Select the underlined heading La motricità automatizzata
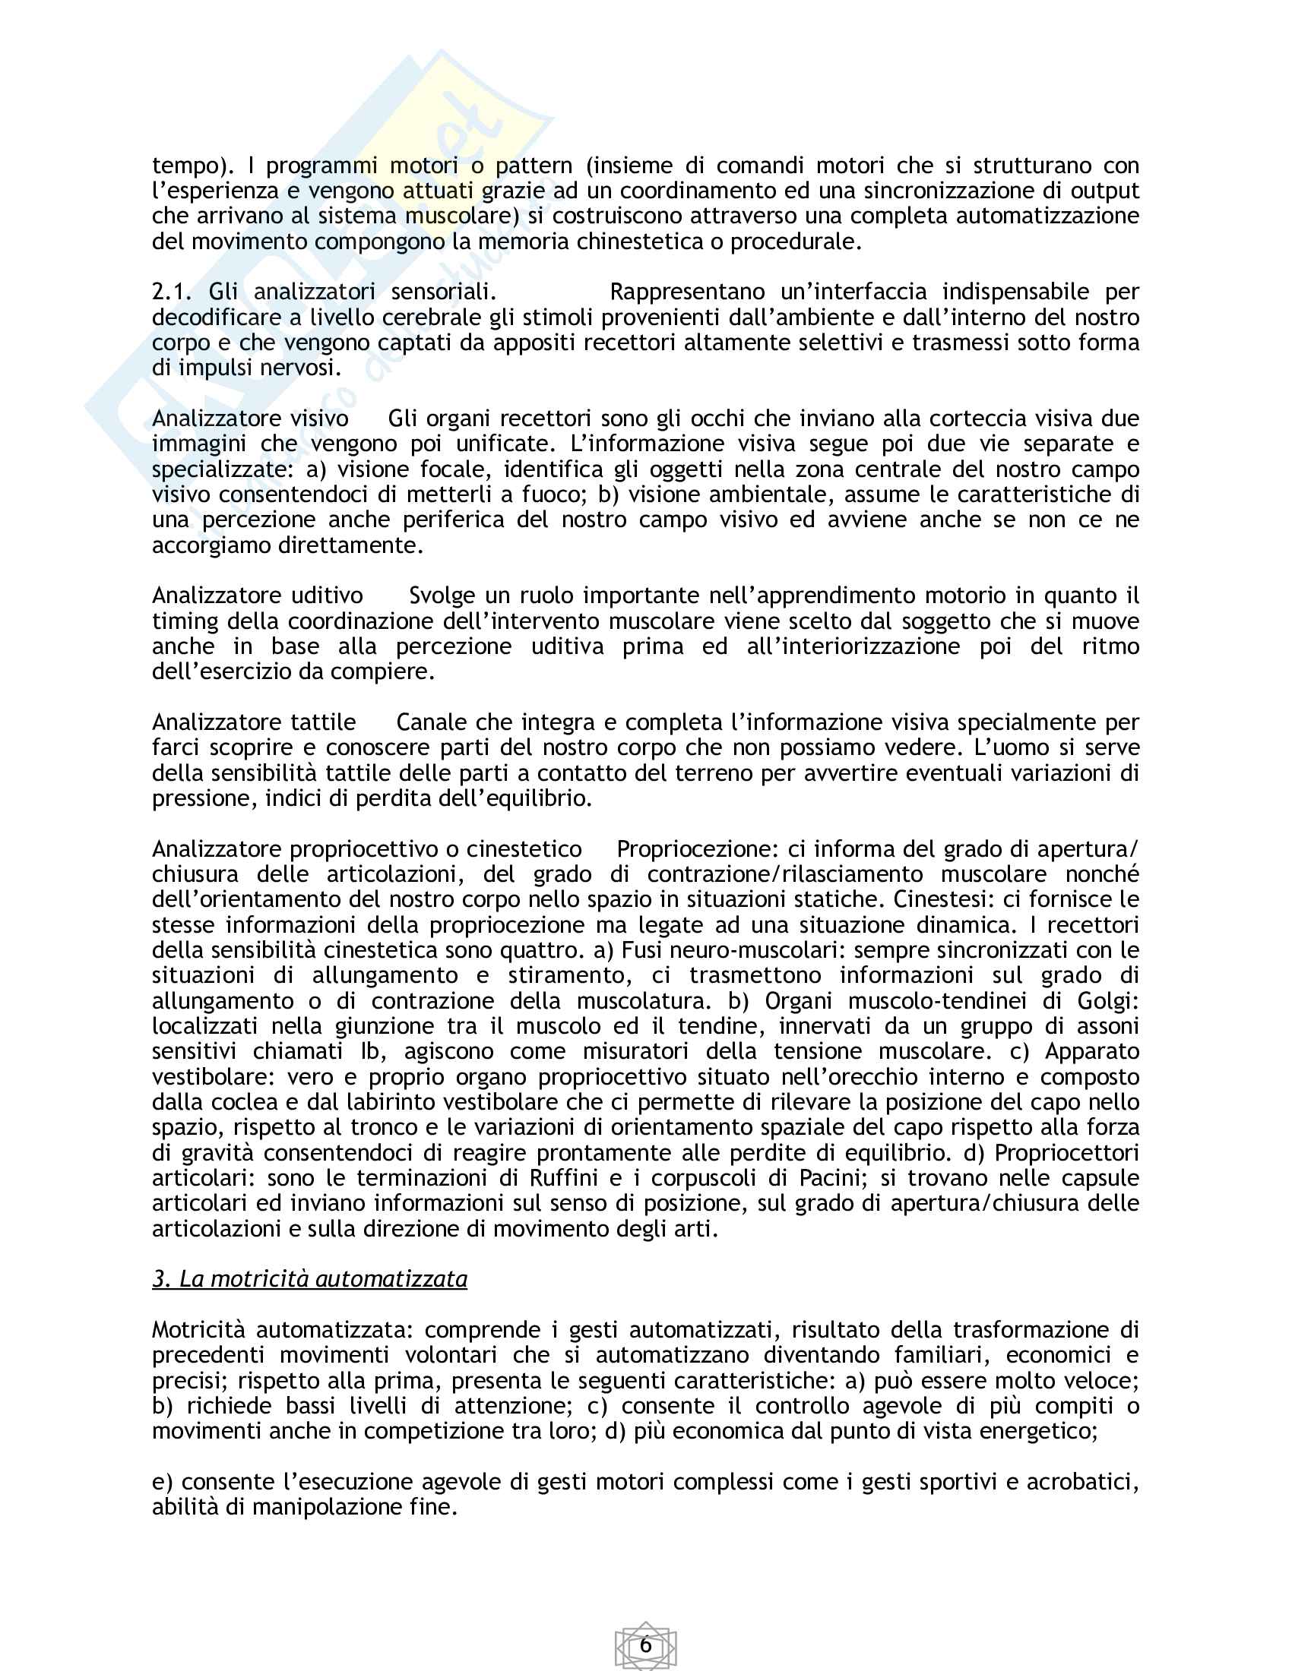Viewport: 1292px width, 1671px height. click(x=309, y=1279)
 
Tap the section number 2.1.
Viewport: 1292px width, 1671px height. click(x=172, y=292)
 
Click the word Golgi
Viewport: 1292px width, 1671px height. click(x=1107, y=1001)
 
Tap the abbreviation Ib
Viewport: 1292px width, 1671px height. click(x=369, y=1051)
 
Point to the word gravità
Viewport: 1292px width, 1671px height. click(x=217, y=1153)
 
